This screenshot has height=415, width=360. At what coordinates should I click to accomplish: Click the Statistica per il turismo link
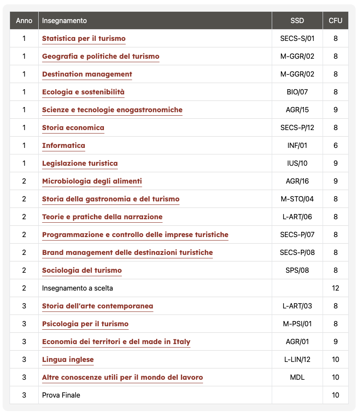(x=83, y=39)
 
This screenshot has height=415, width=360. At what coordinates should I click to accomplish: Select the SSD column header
(x=297, y=21)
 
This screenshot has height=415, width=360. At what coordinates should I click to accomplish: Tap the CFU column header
(x=335, y=21)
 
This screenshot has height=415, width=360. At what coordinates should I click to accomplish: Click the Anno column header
(x=24, y=21)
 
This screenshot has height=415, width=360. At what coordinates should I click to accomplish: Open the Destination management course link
(x=87, y=74)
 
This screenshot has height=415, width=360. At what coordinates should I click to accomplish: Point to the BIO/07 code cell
(x=297, y=92)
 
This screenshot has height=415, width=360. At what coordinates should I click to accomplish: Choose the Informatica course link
(x=63, y=146)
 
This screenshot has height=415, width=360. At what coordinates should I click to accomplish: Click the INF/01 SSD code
(x=297, y=146)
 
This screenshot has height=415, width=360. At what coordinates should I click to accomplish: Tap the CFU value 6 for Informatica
(x=335, y=146)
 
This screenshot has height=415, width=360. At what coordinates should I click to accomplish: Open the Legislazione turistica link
(x=80, y=164)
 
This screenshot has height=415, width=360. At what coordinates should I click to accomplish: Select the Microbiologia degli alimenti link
(x=92, y=181)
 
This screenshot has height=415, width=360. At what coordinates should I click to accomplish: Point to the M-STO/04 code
(x=297, y=199)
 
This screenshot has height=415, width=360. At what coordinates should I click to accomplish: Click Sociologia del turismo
(x=82, y=271)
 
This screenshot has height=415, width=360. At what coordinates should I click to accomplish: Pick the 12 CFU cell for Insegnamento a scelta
(x=335, y=288)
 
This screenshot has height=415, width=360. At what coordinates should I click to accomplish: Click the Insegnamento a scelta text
(x=77, y=288)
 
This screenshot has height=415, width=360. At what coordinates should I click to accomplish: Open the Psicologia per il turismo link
(x=85, y=324)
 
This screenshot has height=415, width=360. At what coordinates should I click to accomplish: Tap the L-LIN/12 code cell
(x=297, y=360)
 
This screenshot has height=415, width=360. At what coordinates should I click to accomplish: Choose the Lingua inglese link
(x=68, y=360)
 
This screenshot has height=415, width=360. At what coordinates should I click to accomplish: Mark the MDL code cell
(x=297, y=378)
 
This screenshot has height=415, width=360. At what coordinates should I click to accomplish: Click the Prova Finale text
(x=61, y=395)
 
